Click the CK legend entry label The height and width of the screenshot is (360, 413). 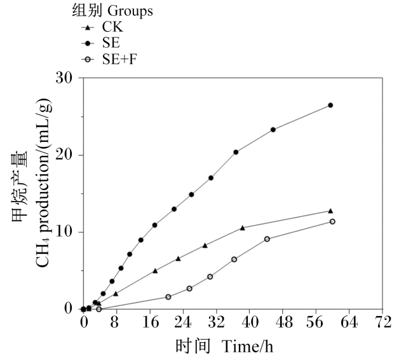click(112, 27)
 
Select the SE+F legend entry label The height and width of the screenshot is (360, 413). click(119, 59)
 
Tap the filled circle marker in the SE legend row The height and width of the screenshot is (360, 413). click(88, 43)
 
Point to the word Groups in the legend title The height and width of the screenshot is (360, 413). click(130, 11)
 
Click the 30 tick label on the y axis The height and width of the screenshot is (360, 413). click(64, 78)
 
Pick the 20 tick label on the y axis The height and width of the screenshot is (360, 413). click(64, 155)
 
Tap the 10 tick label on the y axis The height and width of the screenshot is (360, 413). click(64, 232)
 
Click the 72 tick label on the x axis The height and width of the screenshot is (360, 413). click(383, 322)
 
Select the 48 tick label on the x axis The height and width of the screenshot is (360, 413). click(283, 322)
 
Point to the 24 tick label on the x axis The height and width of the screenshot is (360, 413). click(183, 322)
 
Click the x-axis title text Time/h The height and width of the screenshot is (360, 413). click(247, 346)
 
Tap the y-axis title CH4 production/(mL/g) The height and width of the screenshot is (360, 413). click(43, 183)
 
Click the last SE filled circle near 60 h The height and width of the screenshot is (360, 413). click(330, 105)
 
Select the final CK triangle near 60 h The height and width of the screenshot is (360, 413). click(330, 211)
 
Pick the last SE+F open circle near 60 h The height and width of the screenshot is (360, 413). click(332, 221)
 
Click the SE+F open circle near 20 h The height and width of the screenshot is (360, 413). click(168, 297)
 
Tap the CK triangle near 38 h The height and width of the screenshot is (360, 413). click(242, 228)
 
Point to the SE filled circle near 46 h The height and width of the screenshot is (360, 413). click(273, 130)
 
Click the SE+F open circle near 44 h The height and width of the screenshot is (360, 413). click(267, 239)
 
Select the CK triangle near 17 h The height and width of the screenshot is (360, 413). click(155, 270)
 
